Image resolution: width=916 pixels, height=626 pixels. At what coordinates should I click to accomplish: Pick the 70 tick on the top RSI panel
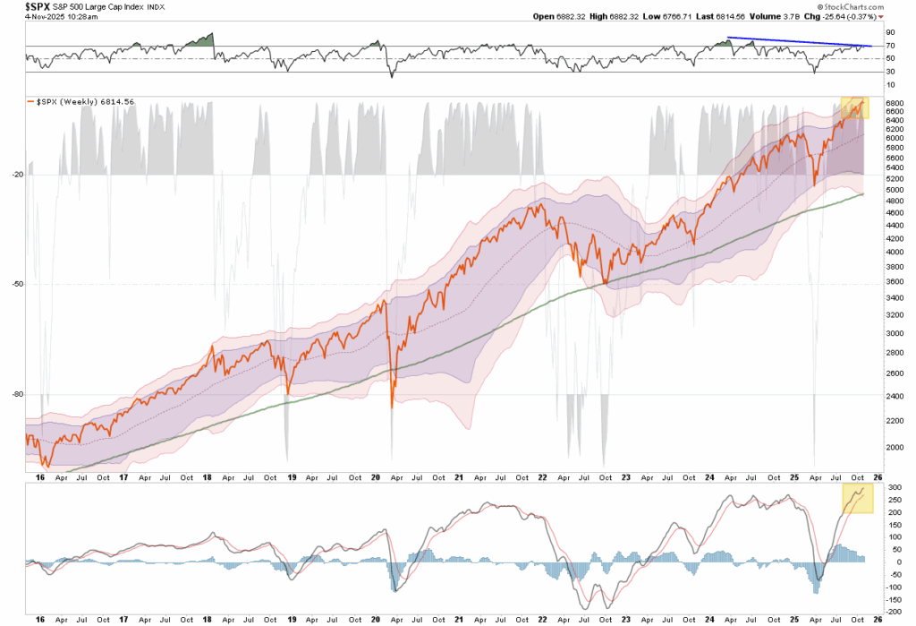point(891,45)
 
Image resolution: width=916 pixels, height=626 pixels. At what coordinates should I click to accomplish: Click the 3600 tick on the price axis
point(894,284)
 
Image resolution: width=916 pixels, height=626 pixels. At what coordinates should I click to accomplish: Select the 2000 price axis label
point(894,447)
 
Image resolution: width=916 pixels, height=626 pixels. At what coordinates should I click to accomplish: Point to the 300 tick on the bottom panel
point(893,486)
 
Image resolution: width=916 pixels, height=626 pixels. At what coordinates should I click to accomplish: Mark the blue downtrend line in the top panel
point(797,41)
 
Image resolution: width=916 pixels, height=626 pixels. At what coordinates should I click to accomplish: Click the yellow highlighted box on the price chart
point(853,107)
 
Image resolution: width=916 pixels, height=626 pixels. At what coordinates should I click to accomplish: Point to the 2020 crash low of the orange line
point(392,405)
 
